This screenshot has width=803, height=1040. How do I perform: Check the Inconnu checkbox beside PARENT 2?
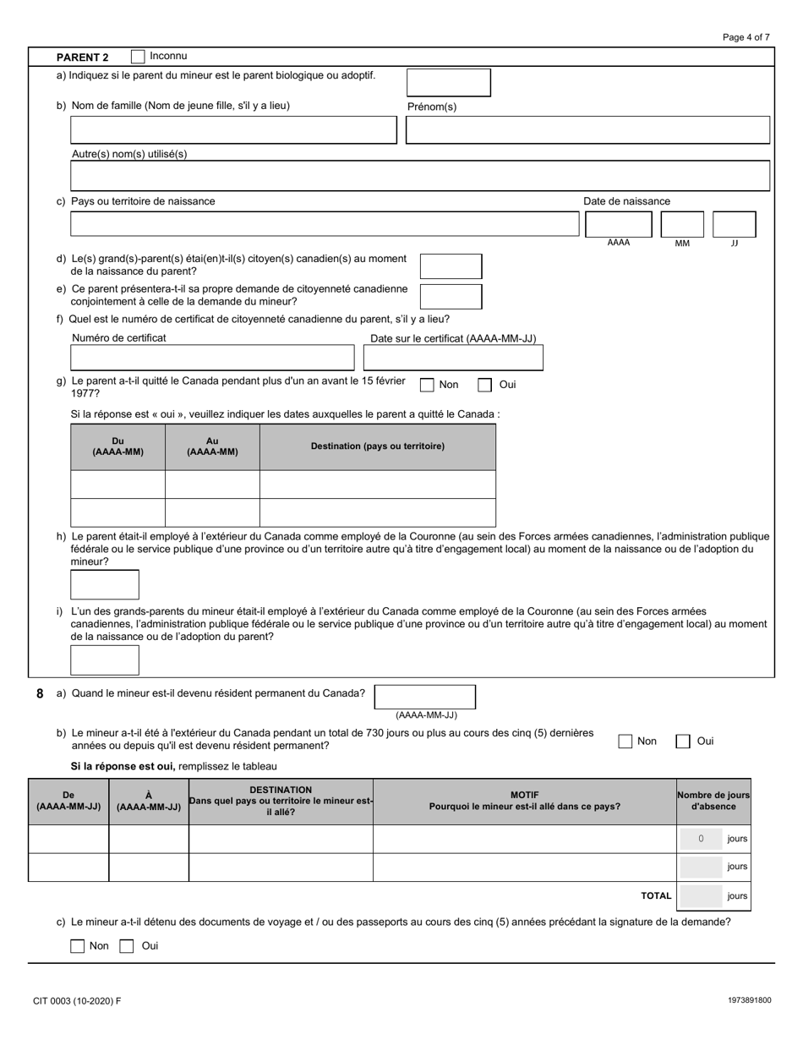pos(138,57)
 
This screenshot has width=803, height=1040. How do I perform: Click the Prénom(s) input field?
pos(587,130)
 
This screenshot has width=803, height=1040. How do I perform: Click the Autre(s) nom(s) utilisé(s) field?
pos(420,176)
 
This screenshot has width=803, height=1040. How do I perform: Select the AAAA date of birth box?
pos(619,224)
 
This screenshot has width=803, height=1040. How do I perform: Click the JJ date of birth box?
pos(734,224)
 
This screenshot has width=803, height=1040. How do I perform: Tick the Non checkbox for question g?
pos(428,386)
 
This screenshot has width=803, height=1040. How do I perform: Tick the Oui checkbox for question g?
pos(484,386)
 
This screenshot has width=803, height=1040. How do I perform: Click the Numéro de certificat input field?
pos(212,358)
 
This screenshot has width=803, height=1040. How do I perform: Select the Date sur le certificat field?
pos(453,358)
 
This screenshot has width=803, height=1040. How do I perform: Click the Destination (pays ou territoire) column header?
pos(377,446)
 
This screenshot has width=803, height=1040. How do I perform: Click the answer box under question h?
pos(105,585)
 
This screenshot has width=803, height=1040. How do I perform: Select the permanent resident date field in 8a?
pos(424,697)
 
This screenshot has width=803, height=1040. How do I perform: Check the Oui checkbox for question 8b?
pos(683,742)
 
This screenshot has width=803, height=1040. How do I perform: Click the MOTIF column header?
pos(524,801)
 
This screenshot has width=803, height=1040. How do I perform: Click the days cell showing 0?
pos(701,839)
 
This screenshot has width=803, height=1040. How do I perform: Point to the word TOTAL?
pos(656,896)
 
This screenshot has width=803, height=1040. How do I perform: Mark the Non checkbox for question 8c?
pos(78,946)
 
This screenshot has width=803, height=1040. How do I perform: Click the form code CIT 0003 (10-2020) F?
pos(77,1001)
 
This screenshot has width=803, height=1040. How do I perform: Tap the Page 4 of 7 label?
pos(746,37)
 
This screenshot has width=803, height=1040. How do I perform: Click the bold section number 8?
pos(40,693)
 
